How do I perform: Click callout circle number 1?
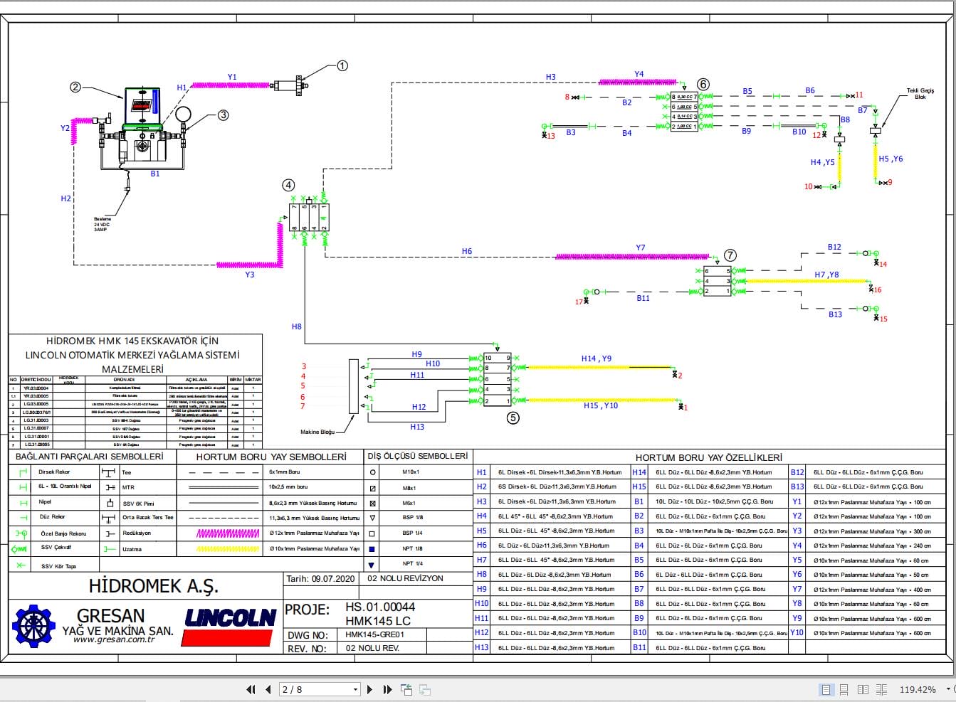[342, 65]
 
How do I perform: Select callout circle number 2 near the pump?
[75, 87]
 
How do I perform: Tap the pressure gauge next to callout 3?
[184, 114]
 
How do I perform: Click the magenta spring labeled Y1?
[231, 85]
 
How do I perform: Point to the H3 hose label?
[551, 77]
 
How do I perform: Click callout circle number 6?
[703, 84]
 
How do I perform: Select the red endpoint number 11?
[859, 95]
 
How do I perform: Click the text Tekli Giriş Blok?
[920, 94]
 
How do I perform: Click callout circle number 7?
[730, 255]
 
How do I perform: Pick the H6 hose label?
[466, 251]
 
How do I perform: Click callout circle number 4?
[288, 185]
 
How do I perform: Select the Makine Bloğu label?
[317, 432]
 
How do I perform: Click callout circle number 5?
[513, 418]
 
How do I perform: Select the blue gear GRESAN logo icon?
[34, 626]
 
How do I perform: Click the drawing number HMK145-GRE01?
[374, 634]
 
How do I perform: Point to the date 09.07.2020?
[333, 579]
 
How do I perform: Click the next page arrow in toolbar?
[369, 689]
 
